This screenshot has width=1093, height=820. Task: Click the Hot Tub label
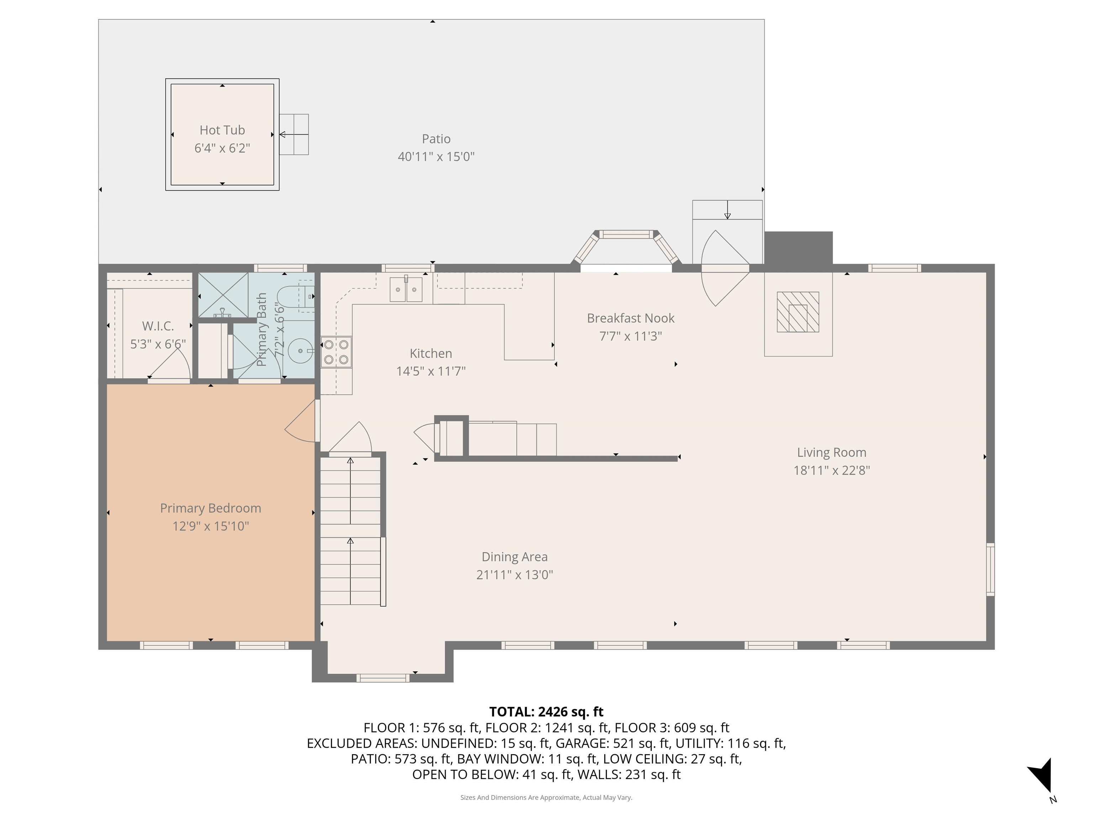[222, 130]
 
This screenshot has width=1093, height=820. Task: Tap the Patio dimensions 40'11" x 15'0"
[436, 157]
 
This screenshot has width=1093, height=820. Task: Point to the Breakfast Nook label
[630, 318]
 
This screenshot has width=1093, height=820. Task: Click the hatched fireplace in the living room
[798, 312]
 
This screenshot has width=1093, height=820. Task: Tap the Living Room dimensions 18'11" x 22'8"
[831, 470]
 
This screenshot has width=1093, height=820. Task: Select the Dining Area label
[514, 557]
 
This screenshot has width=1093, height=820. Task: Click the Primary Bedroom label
[211, 508]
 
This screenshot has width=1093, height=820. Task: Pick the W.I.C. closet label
[158, 326]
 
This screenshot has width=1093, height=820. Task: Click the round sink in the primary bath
[300, 351]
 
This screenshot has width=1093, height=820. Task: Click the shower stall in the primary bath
[223, 295]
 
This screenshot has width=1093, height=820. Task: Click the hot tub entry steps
[295, 135]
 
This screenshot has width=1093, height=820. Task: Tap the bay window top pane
[627, 234]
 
